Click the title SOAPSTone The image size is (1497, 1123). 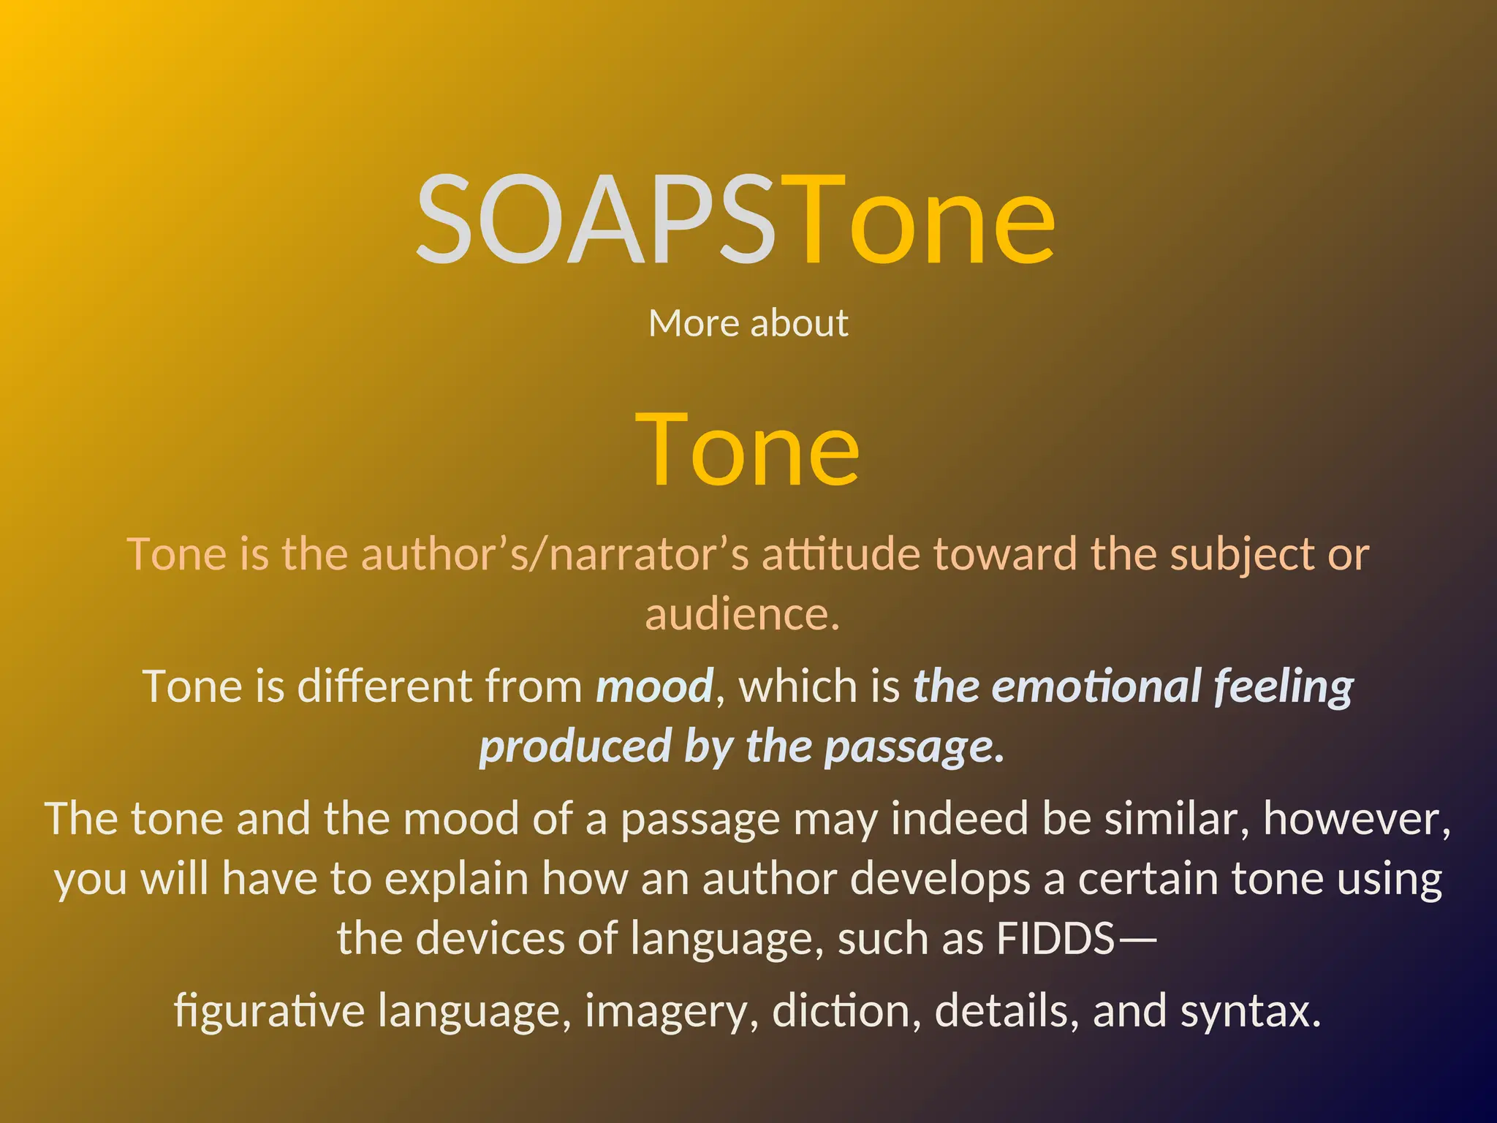(x=735, y=219)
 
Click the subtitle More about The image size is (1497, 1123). (x=748, y=323)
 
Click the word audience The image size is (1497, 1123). (x=741, y=614)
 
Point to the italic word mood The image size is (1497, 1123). (x=654, y=687)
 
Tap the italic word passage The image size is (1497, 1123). (x=914, y=747)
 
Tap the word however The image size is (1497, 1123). (x=1357, y=819)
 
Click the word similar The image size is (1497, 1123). (x=1176, y=819)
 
